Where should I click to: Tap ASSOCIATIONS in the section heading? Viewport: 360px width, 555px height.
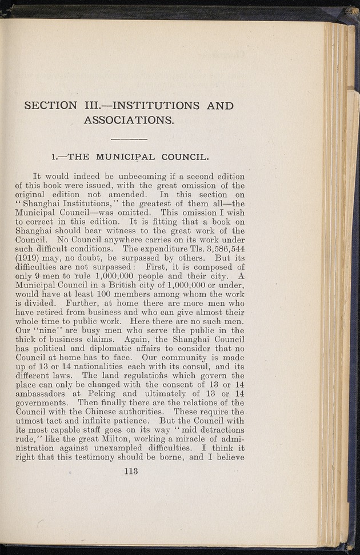tap(129, 120)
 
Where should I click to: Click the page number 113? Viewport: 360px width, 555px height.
tap(130, 472)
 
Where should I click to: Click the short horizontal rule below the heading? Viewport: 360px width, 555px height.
tap(129, 139)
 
